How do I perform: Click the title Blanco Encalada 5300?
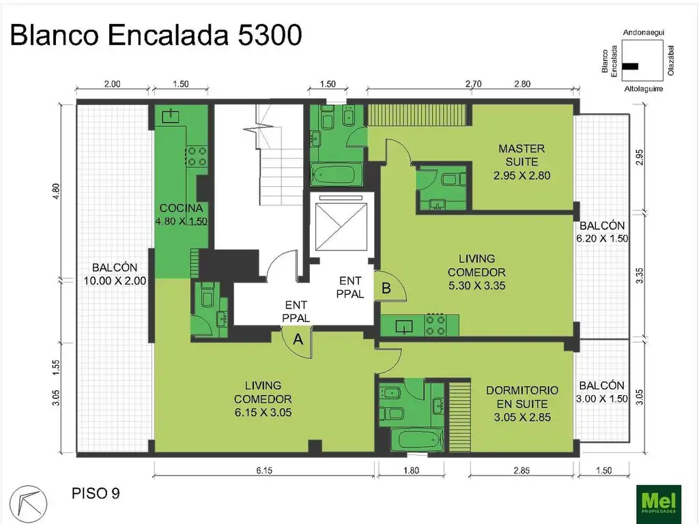(156, 35)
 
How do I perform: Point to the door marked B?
(386, 289)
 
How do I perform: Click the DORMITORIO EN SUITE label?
(522, 403)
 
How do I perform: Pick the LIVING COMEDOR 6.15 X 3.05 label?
(263, 398)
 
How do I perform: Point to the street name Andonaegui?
(644, 33)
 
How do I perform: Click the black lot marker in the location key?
(631, 65)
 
